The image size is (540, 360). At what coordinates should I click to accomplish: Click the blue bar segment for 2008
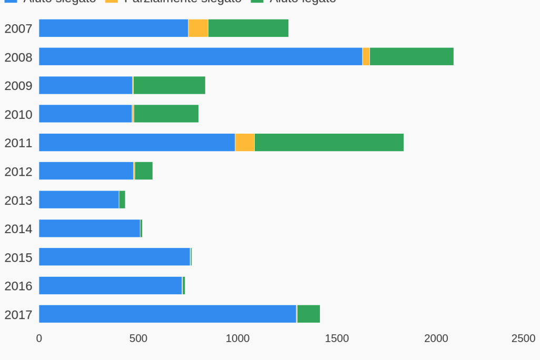201,56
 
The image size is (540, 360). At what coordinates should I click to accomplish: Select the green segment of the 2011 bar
329,142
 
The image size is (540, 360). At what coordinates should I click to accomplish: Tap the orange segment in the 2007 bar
198,28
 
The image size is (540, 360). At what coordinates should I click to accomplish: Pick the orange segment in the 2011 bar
245,142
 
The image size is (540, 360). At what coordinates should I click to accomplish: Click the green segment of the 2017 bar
308,314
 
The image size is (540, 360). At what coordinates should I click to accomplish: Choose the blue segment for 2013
79,199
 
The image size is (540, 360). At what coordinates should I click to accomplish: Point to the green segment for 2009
169,85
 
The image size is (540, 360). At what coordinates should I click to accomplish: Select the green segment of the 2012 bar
144,171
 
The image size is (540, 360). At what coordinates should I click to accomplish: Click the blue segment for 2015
114,256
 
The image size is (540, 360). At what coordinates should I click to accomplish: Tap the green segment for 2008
412,56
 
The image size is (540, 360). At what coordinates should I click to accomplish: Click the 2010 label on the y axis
18,114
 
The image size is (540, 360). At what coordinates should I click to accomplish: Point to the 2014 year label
18,229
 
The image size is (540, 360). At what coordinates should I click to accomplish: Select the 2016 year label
18,286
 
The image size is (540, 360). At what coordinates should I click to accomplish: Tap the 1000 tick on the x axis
237,338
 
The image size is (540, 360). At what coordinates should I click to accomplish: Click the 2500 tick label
523,338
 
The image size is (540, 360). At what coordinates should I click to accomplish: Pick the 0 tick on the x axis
39,338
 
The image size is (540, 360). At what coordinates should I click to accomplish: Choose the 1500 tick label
337,338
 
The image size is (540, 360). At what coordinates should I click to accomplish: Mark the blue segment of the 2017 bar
167,314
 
